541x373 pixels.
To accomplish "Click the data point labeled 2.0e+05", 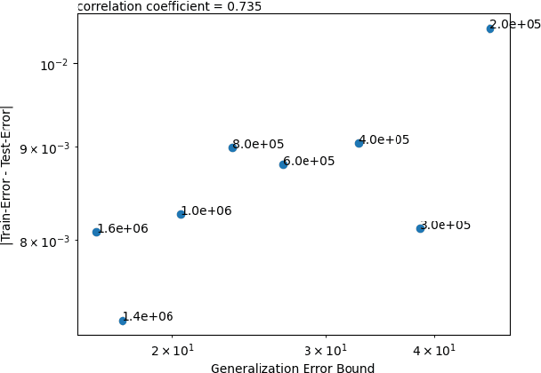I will [x=490, y=28].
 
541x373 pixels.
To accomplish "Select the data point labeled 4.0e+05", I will [x=359, y=143].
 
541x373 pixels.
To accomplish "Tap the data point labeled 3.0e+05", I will [x=420, y=228].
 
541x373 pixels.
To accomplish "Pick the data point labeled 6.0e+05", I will [x=283, y=164].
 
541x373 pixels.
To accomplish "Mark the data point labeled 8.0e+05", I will [x=232, y=147].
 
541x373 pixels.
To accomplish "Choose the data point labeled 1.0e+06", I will [x=181, y=214].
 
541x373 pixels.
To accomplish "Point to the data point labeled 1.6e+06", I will [x=96, y=232].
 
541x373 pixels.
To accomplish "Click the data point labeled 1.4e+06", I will [x=123, y=321].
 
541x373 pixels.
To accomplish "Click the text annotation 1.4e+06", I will [x=149, y=316].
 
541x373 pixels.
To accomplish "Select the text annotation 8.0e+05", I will [x=259, y=144].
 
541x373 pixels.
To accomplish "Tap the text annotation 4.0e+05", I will [x=385, y=139].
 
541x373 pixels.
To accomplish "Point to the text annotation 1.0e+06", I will [x=207, y=210].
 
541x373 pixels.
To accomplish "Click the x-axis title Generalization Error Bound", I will [x=293, y=367].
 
